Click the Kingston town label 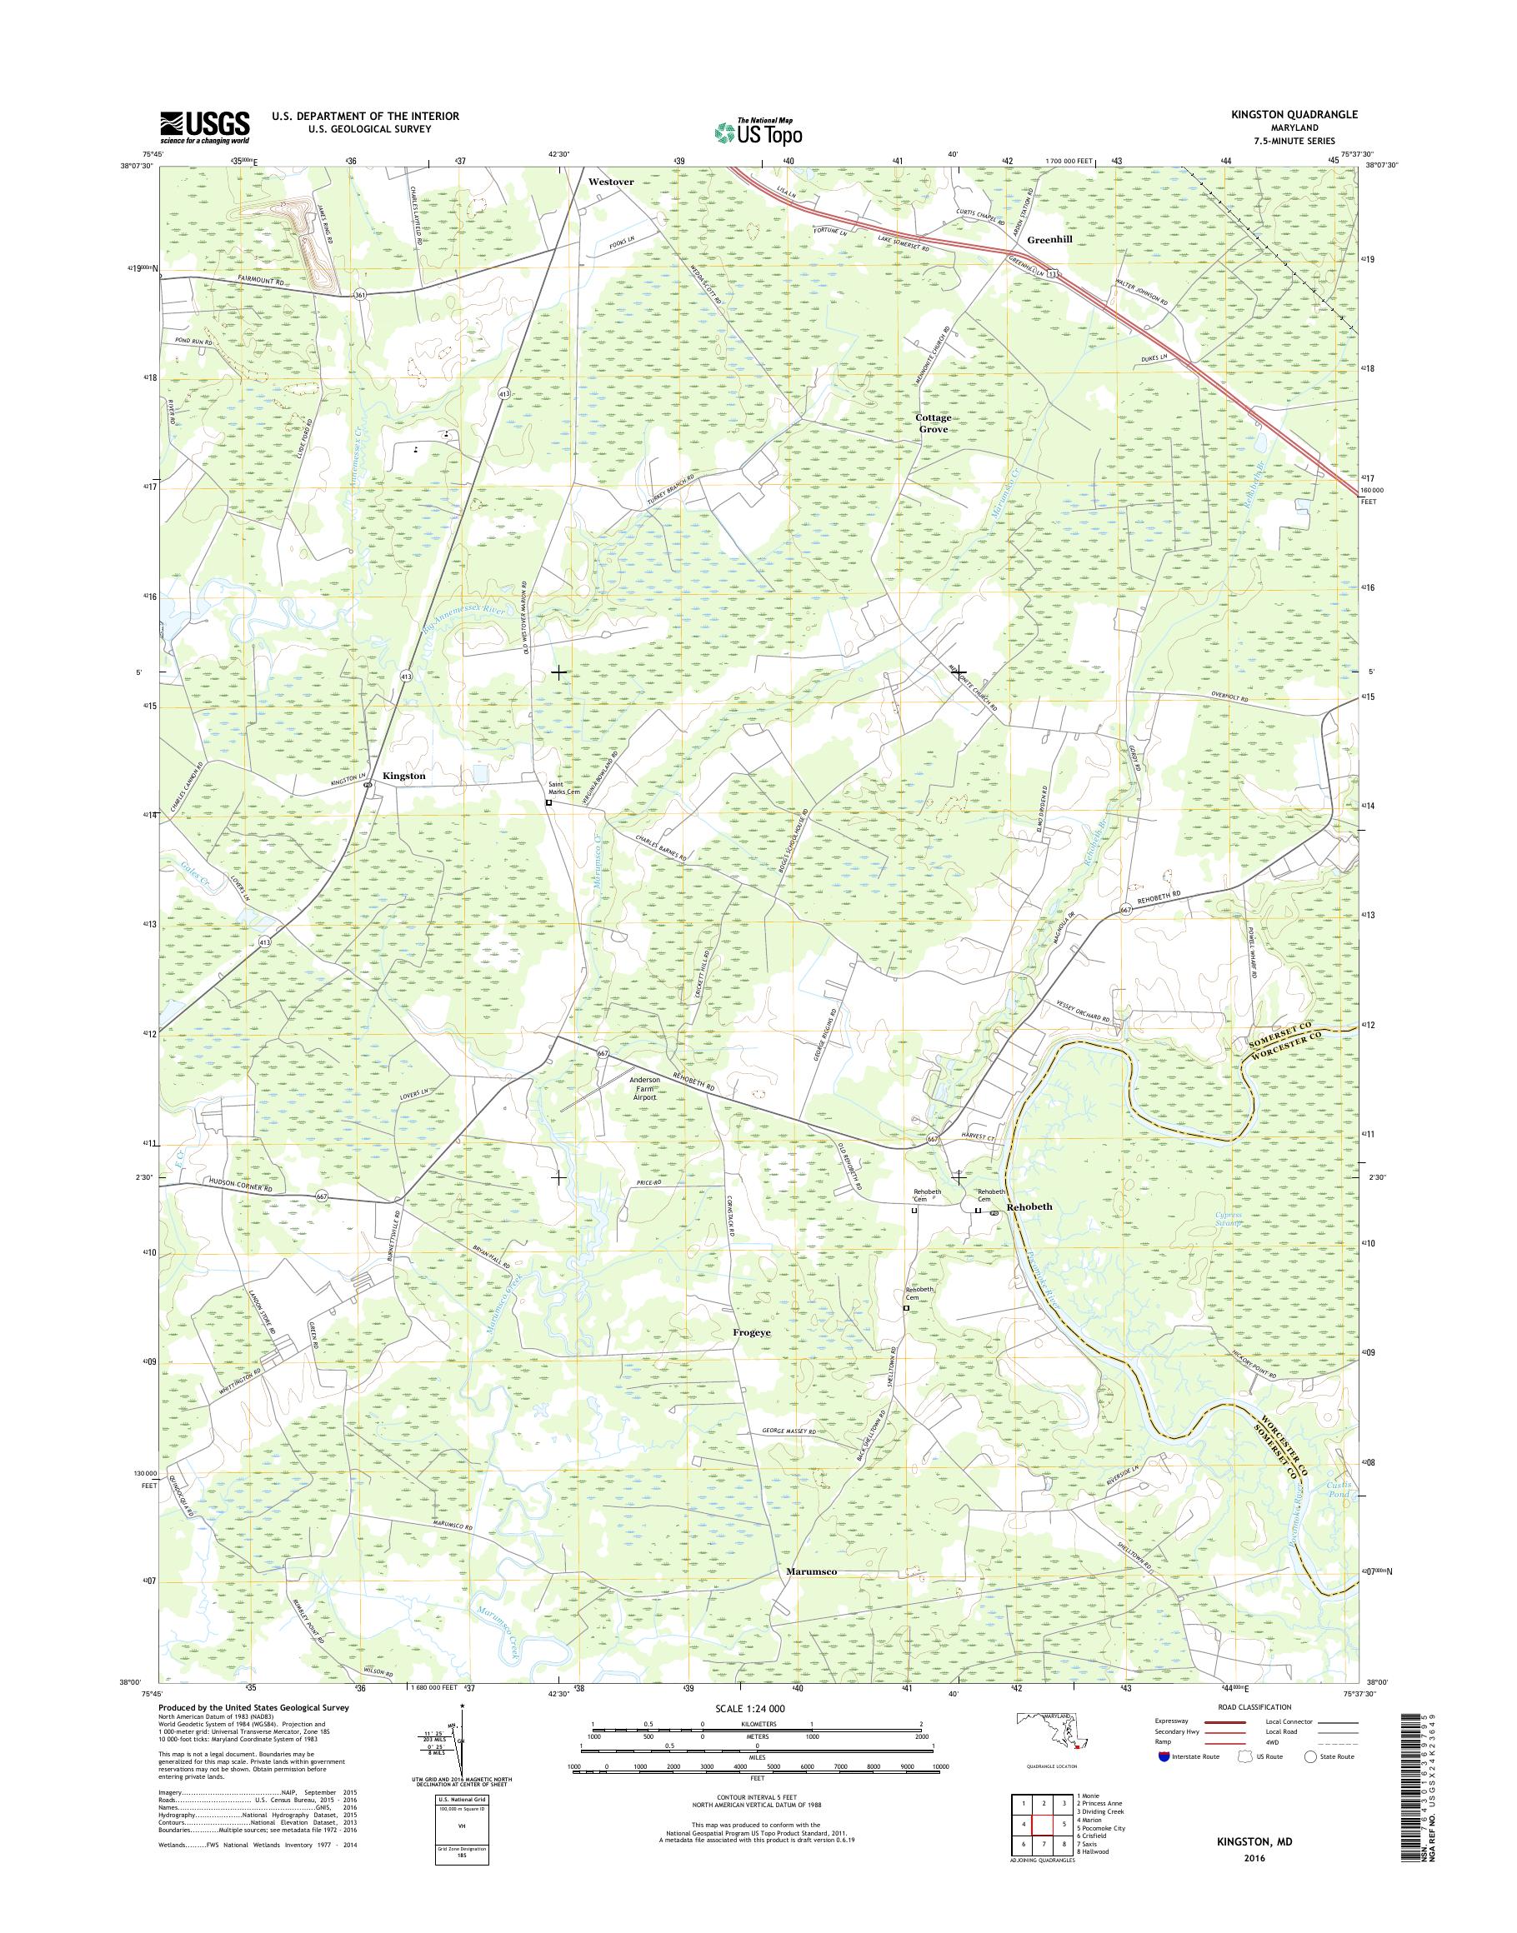click(x=403, y=776)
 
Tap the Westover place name click(x=611, y=181)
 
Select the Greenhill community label click(x=1053, y=240)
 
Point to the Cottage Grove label click(x=934, y=422)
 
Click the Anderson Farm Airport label click(x=644, y=1089)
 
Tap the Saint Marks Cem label click(x=563, y=787)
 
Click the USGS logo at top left click(x=204, y=127)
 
